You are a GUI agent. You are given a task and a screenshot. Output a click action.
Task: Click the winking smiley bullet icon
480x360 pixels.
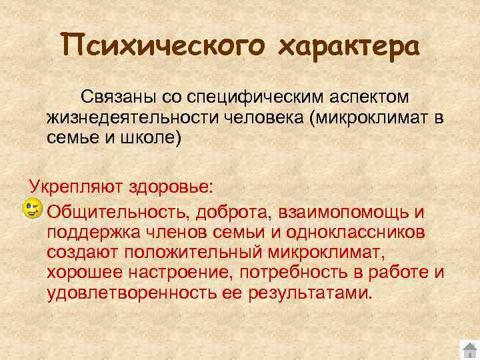(x=31, y=210)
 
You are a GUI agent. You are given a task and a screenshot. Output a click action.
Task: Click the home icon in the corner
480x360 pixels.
(x=469, y=349)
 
